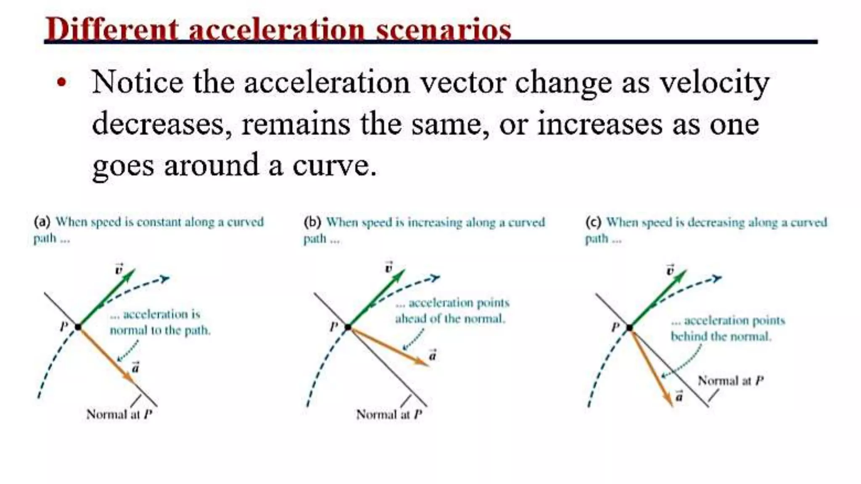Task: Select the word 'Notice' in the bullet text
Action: pos(137,82)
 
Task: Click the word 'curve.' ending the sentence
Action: pos(334,166)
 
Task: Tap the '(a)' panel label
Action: pos(42,222)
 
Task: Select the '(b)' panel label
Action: pos(312,222)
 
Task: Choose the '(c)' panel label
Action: pos(593,222)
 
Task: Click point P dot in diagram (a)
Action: pos(78,327)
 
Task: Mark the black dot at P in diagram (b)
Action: pos(348,327)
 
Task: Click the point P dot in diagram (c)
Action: pos(629,328)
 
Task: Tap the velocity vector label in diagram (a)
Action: pos(119,269)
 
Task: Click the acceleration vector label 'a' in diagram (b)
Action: pos(432,355)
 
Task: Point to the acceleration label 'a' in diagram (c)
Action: pos(679,396)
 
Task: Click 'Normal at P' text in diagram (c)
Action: pos(730,381)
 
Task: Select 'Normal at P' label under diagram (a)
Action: pos(119,415)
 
